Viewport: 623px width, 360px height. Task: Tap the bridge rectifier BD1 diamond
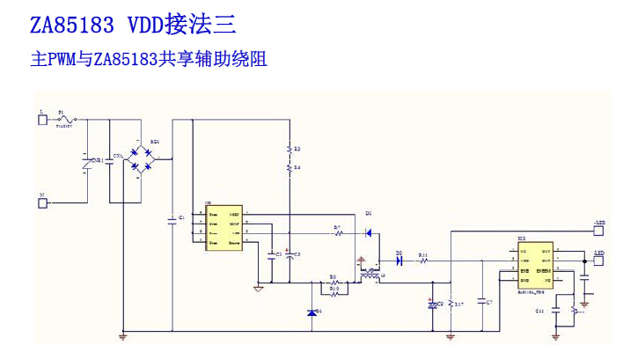click(x=141, y=158)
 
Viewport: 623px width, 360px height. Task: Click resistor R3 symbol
click(x=290, y=150)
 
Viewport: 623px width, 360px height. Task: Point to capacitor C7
click(x=480, y=302)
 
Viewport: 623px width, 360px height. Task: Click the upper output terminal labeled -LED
click(x=599, y=231)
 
